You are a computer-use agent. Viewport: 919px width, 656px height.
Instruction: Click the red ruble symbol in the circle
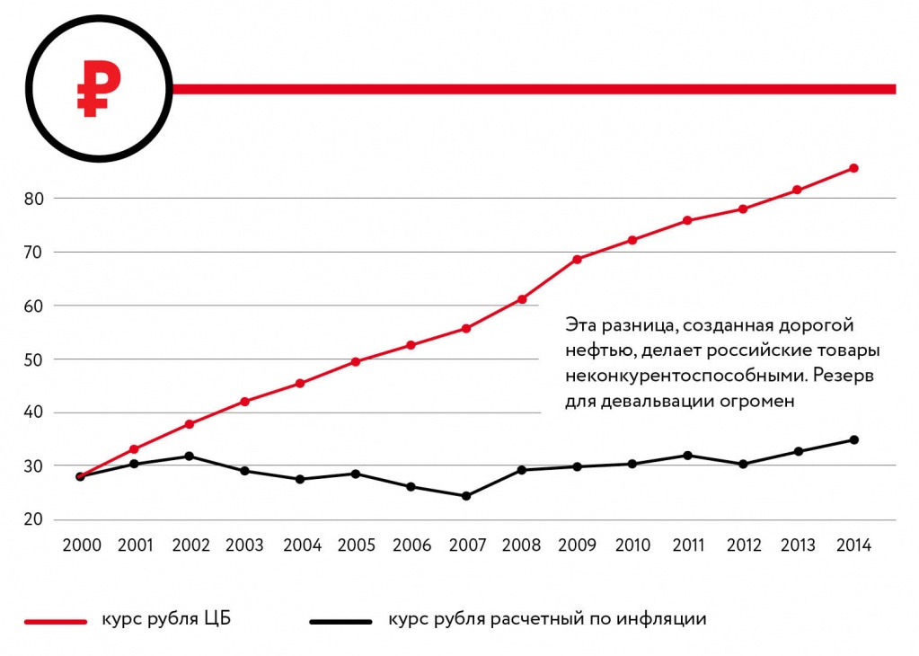click(x=98, y=88)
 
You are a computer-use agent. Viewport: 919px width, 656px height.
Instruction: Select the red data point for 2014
click(x=853, y=168)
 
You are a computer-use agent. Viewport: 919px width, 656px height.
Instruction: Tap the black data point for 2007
click(x=466, y=496)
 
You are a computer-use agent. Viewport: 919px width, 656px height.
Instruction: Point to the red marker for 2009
click(x=577, y=260)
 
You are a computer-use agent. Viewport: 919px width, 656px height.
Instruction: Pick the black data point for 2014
click(x=853, y=439)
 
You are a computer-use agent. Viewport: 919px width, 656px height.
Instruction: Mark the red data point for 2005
click(x=356, y=362)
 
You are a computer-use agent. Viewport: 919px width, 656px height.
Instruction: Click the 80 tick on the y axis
click(x=33, y=198)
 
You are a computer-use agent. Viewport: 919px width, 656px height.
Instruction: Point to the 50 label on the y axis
click(x=33, y=359)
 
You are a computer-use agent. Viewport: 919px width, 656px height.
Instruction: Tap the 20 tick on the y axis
click(x=33, y=520)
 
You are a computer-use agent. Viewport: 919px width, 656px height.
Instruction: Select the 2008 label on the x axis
click(x=522, y=545)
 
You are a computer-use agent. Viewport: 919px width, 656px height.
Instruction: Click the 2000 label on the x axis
click(x=80, y=545)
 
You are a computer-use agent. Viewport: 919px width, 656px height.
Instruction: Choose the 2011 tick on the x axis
click(x=687, y=545)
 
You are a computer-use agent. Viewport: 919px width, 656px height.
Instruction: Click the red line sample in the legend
click(x=57, y=620)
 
